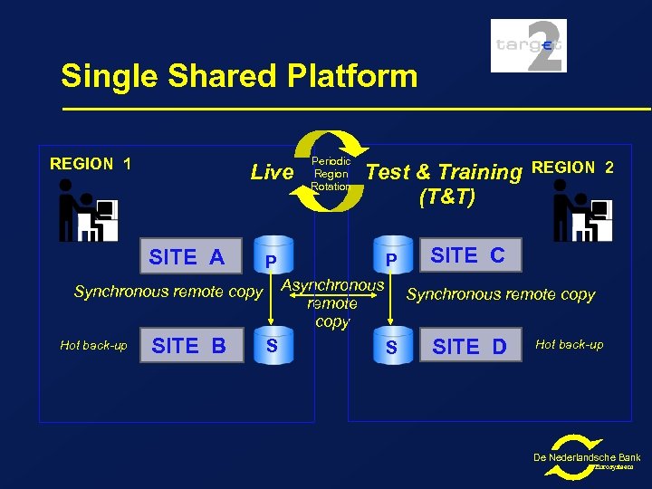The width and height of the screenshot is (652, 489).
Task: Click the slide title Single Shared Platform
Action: pos(239,76)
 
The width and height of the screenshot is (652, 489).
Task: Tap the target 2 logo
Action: pos(529,45)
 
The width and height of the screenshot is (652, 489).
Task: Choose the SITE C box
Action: pos(467,255)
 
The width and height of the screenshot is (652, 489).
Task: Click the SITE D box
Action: pos(469,346)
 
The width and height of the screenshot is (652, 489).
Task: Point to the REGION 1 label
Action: pos(91,164)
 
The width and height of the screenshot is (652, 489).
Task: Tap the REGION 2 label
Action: pos(572,168)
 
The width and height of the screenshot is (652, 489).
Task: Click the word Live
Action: pos(272,172)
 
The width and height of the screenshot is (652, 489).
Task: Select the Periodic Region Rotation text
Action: pos(331,173)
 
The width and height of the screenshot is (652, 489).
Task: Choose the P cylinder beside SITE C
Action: pos(391,258)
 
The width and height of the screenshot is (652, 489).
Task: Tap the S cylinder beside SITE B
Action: pos(272,346)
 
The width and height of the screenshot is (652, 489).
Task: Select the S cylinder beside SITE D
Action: pos(391,347)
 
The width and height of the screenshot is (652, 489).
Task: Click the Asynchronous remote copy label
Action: pos(333,303)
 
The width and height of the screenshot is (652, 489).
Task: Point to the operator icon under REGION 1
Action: pos(88,210)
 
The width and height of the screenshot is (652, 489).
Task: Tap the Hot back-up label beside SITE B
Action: pos(93,345)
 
